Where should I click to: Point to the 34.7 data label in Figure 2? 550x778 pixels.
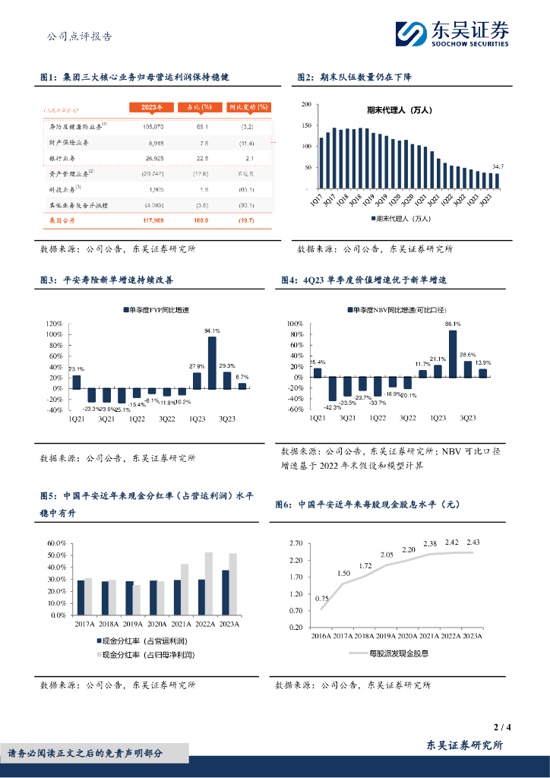pyautogui.click(x=498, y=166)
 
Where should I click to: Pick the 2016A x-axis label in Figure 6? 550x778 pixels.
pyautogui.click(x=323, y=636)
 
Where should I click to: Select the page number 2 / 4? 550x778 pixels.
pyautogui.click(x=502, y=727)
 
